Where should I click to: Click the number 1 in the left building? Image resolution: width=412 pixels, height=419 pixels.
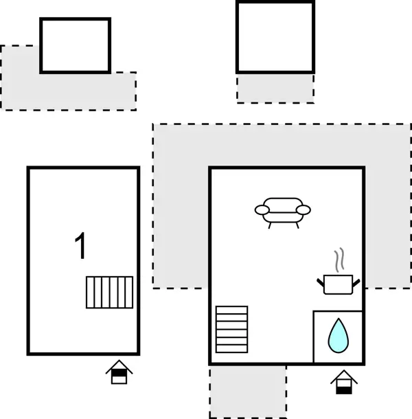(81, 247)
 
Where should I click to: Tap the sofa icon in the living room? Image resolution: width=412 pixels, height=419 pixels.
(282, 211)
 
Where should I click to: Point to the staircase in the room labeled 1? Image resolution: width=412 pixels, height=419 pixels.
(110, 292)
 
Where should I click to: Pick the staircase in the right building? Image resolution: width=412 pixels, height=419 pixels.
(231, 329)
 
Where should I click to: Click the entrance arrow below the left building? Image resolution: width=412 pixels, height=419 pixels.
(119, 372)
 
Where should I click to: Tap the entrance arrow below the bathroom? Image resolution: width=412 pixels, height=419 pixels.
(343, 381)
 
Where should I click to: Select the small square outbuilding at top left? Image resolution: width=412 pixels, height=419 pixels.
(75, 45)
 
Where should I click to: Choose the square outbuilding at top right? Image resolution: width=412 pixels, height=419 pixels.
(275, 37)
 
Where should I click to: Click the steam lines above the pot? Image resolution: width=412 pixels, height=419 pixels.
(339, 261)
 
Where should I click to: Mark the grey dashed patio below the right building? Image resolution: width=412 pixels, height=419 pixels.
(247, 391)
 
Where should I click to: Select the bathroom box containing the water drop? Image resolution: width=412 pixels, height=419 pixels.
(338, 337)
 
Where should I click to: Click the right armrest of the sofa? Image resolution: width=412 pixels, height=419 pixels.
(304, 209)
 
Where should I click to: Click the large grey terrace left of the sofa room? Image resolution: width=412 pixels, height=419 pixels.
(180, 206)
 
